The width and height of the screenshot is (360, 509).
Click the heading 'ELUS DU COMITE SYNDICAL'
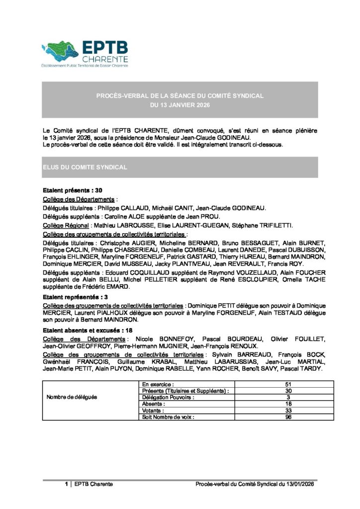85,168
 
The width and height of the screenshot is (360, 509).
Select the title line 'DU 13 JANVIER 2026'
180,105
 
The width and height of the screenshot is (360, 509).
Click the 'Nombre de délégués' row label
72,398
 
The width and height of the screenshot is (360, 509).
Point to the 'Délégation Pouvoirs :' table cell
168,398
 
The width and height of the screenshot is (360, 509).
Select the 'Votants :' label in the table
153,411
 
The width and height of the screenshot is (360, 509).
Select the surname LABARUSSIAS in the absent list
237,362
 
